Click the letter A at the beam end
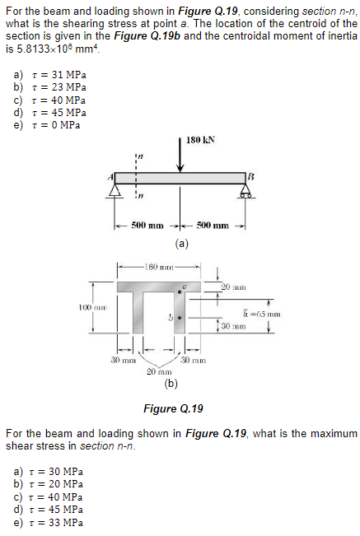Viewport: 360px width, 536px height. click(x=108, y=177)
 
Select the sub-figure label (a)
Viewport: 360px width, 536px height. click(x=181, y=244)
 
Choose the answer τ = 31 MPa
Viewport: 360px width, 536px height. click(x=58, y=75)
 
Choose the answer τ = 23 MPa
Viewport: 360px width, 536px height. click(x=58, y=87)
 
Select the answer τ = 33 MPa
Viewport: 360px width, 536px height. click(x=58, y=522)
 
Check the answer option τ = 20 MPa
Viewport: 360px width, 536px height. click(x=58, y=485)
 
